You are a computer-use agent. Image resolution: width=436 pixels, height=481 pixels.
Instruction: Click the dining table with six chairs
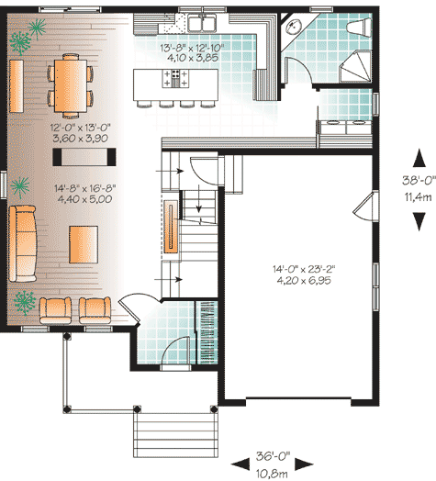pos(70,81)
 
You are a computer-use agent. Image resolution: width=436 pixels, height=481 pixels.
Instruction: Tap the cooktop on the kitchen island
pos(172,80)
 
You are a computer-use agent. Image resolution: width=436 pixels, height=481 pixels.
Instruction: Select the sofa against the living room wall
pos(22,243)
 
